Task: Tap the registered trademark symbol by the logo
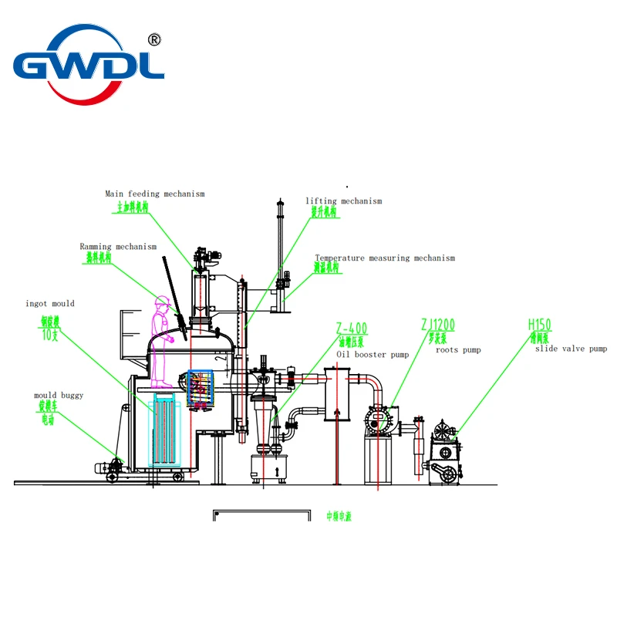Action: pyautogui.click(x=153, y=39)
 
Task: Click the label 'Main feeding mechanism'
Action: pyautogui.click(x=155, y=194)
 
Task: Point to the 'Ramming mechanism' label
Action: pyautogui.click(x=118, y=247)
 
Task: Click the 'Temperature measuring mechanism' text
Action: pyautogui.click(x=384, y=258)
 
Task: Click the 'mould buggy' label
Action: pyautogui.click(x=59, y=396)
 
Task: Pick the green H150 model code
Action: pyautogui.click(x=539, y=325)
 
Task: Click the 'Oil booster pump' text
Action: pyautogui.click(x=373, y=354)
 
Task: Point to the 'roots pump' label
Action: pyautogui.click(x=459, y=350)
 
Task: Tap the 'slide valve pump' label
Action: pyautogui.click(x=571, y=349)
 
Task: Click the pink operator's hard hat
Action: pyautogui.click(x=161, y=300)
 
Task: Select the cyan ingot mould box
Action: pyautogui.click(x=167, y=432)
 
